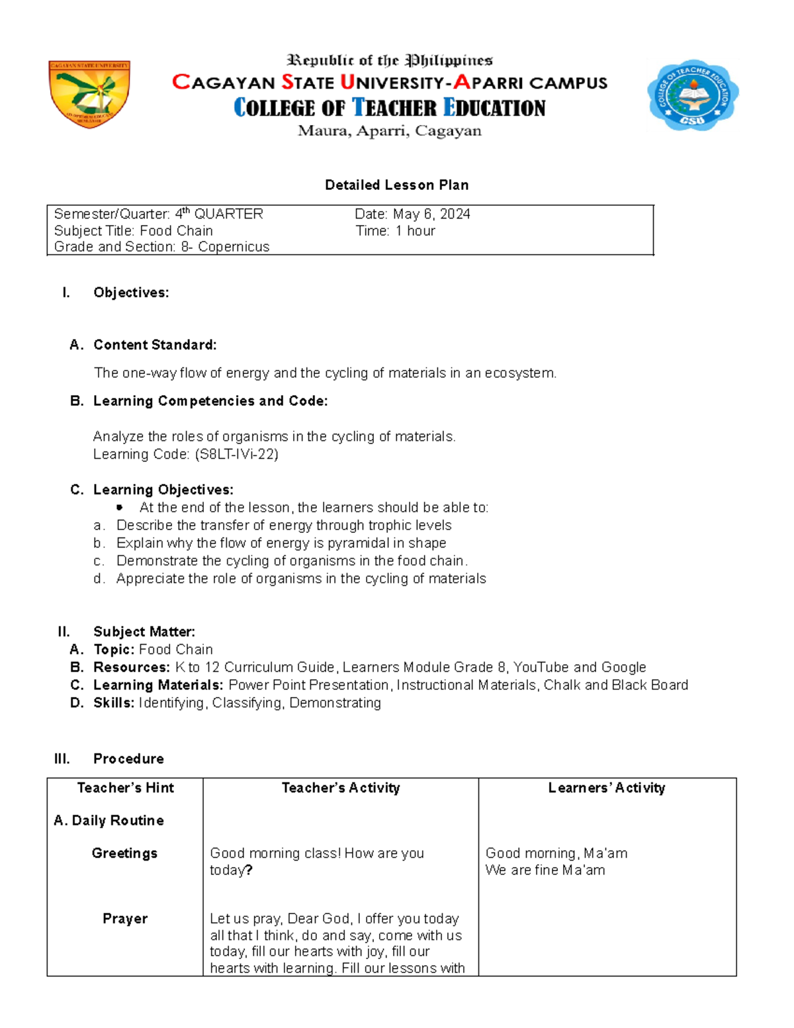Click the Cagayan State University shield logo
click(x=89, y=94)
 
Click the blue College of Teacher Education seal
click(x=692, y=95)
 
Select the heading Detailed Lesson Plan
click(x=396, y=185)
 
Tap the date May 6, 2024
click(x=431, y=214)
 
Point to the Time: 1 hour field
click(x=395, y=231)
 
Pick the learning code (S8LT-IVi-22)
click(x=236, y=454)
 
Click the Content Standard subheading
click(x=155, y=345)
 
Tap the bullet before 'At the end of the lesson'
click(x=120, y=508)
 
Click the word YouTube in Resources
click(x=541, y=667)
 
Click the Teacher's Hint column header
click(x=125, y=788)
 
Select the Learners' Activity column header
click(x=606, y=788)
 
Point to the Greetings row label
click(x=124, y=853)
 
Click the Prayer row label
click(x=124, y=919)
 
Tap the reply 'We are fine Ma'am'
click(x=545, y=870)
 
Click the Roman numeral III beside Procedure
click(x=62, y=759)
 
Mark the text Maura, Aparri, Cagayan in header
click(x=390, y=131)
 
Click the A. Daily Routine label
click(x=109, y=821)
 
